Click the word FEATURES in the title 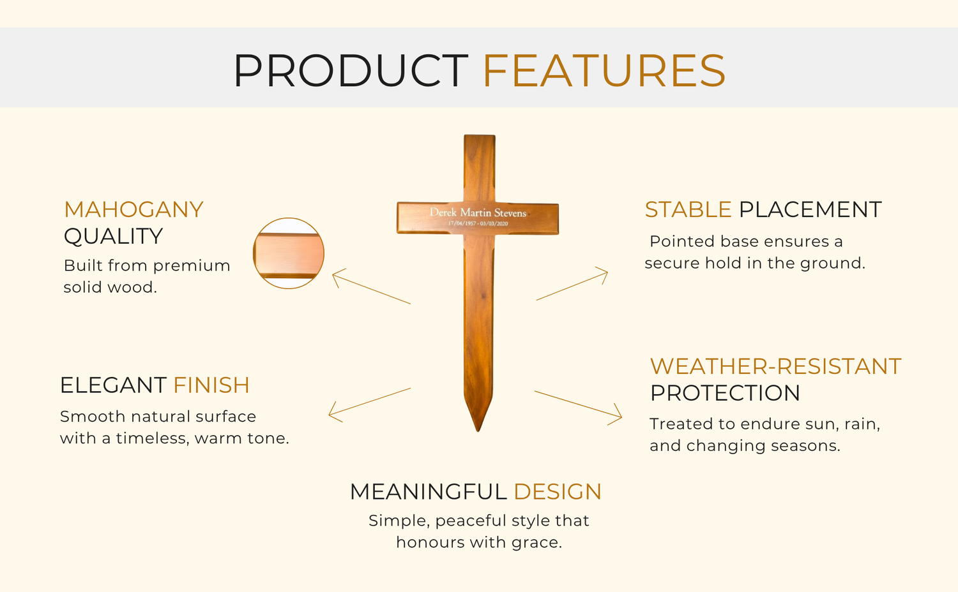(604, 70)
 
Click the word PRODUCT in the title (350, 70)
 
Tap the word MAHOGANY (133, 210)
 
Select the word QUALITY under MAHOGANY (113, 236)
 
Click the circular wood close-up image (289, 253)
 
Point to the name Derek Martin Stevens (478, 212)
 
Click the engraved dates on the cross (478, 223)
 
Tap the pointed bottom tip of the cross (478, 431)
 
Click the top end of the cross (480, 136)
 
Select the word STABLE (688, 210)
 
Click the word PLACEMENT (810, 210)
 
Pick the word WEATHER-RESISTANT (775, 366)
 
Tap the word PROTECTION (725, 393)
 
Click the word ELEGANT (113, 385)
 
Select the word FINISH (211, 385)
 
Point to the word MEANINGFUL (428, 492)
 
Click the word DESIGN (558, 492)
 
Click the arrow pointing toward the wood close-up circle (371, 286)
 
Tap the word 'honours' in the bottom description (430, 542)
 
